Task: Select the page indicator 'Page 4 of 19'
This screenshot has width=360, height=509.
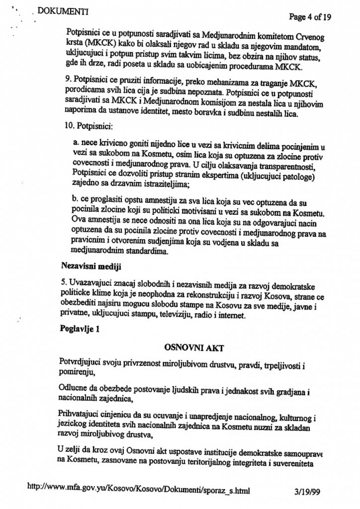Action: (x=310, y=17)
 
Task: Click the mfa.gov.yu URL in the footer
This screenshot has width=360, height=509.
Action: (x=140, y=488)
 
